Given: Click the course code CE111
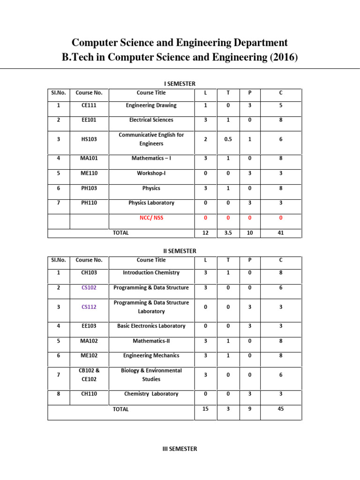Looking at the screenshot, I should [89, 105].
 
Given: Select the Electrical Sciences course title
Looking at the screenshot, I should [151, 120].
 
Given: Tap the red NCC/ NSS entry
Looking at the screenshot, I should [151, 218].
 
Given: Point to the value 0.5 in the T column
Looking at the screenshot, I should [228, 139].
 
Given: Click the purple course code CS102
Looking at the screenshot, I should [89, 288].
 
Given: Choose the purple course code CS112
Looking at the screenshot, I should [89, 307].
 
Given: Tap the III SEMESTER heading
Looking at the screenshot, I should [180, 449].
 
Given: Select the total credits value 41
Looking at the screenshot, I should [281, 232].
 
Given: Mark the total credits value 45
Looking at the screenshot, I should [281, 409].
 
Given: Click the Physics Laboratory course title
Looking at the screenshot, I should [151, 203].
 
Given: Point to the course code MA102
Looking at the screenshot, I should [89, 341].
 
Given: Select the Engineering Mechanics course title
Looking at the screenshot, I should [151, 356].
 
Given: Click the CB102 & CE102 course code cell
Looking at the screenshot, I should [89, 375].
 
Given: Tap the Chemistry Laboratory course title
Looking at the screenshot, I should [151, 394].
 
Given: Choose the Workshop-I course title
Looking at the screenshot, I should [151, 173].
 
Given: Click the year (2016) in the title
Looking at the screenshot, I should [280, 58].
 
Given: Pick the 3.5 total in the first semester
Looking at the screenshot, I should [228, 232].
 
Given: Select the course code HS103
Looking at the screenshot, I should [89, 139].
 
